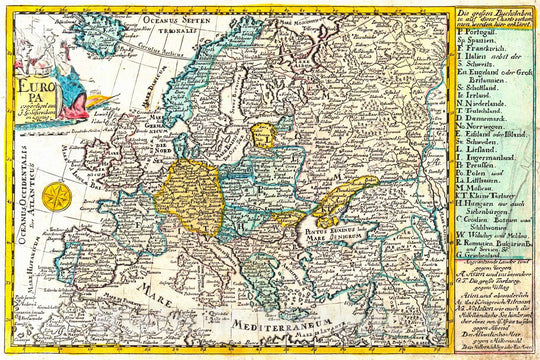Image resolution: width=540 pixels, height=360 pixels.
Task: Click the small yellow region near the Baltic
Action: point(263,134)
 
